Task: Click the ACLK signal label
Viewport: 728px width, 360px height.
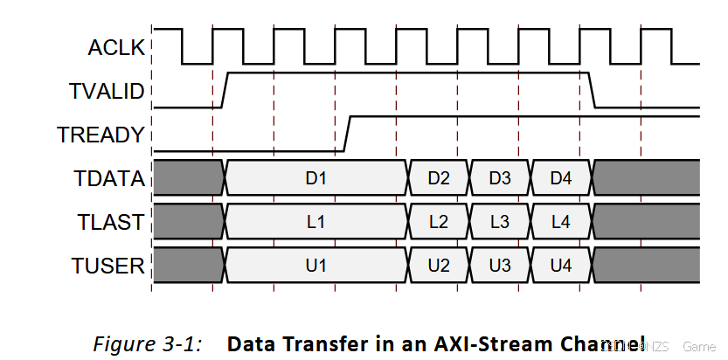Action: point(115,48)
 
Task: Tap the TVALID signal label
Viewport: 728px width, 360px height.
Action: point(106,91)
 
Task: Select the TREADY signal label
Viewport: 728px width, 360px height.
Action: point(101,135)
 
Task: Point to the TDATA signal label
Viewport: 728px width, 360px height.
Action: point(108,178)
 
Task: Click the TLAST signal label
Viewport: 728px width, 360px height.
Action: point(108,222)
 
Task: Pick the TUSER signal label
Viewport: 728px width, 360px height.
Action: point(108,265)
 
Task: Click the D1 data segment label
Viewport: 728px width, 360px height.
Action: point(315,178)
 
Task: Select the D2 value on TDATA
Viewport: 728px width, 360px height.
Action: point(439,178)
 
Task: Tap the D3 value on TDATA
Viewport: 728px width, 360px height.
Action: point(500,178)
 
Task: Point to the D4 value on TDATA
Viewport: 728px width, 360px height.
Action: point(561,178)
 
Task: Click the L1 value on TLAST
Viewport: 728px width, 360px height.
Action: point(315,222)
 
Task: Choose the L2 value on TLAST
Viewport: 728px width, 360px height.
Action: point(439,222)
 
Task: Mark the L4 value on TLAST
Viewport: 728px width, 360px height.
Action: point(561,222)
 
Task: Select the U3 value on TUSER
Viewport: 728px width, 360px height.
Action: point(500,265)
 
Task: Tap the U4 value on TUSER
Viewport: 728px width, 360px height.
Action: point(561,265)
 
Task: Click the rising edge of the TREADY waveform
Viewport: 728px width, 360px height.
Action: point(347,132)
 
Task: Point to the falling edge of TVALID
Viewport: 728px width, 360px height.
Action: point(593,91)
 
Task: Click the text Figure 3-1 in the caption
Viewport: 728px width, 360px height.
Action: point(148,343)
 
